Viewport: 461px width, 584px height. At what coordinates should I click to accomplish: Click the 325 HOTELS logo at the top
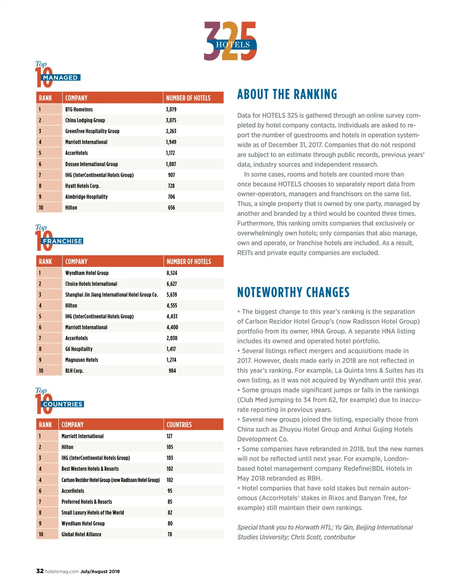(x=230, y=41)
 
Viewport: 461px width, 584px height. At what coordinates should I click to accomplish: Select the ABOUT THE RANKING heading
(x=287, y=94)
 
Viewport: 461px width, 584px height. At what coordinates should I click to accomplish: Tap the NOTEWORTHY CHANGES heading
(x=294, y=292)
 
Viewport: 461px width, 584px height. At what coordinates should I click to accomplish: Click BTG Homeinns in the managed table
(x=79, y=110)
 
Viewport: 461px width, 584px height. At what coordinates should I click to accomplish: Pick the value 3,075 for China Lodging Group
(x=171, y=120)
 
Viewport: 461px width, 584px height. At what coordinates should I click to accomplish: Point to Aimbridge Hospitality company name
(x=86, y=197)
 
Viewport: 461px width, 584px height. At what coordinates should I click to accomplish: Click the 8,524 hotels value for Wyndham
(x=172, y=273)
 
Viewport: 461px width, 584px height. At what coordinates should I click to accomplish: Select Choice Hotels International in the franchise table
(x=91, y=284)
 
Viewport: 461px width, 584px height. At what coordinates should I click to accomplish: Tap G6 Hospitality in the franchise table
(x=79, y=349)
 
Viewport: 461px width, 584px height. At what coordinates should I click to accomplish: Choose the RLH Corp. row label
(x=74, y=371)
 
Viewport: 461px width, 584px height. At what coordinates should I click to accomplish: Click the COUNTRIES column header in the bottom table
(x=179, y=425)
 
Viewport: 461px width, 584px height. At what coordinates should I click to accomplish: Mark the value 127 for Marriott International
(x=169, y=436)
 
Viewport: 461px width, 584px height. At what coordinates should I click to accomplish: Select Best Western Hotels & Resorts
(x=90, y=469)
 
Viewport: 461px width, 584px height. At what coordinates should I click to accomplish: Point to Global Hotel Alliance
(x=81, y=534)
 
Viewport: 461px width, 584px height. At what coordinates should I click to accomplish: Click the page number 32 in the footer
(x=40, y=571)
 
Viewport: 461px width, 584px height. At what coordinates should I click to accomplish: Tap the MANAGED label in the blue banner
(x=60, y=78)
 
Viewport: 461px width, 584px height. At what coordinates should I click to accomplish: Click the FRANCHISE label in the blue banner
(x=63, y=241)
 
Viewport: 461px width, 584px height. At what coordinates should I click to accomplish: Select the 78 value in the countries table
(x=170, y=534)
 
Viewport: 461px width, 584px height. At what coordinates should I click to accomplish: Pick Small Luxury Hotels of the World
(x=93, y=513)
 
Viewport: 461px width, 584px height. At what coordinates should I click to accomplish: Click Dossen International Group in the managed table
(x=91, y=164)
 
